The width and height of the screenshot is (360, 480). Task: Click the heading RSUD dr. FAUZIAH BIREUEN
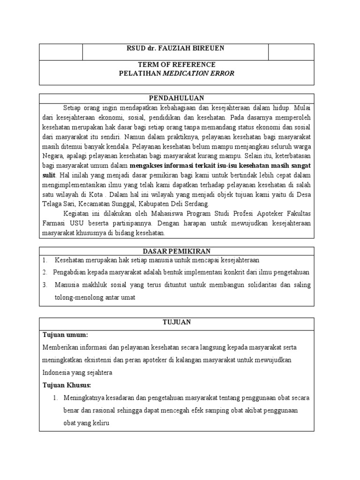[x=175, y=48]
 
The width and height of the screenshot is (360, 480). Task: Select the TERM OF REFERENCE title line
[x=175, y=64]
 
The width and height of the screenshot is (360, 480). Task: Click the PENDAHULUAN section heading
[x=176, y=98]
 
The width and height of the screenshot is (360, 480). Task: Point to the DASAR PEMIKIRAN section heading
[x=176, y=252]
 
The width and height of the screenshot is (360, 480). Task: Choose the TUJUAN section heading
[x=176, y=322]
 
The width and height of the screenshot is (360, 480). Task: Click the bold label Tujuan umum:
[x=65, y=335]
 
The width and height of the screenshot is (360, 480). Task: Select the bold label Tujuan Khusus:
[x=67, y=385]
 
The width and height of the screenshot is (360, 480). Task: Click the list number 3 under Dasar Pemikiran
[x=45, y=285]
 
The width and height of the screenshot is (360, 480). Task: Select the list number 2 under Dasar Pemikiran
[x=45, y=272]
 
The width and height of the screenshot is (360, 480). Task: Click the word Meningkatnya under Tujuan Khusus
[x=87, y=398]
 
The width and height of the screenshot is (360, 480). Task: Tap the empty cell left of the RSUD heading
[x=61, y=52]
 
